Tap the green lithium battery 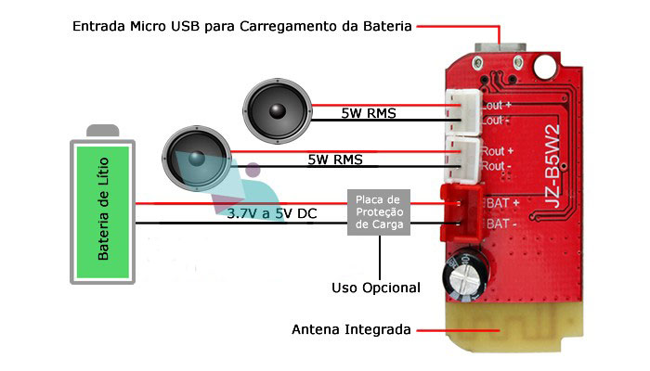pos(103,206)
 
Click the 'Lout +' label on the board pos(496,106)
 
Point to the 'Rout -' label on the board pos(498,166)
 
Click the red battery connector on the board pos(454,211)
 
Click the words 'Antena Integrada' pos(352,329)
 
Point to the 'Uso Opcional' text pos(376,288)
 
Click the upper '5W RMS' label pos(368,114)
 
